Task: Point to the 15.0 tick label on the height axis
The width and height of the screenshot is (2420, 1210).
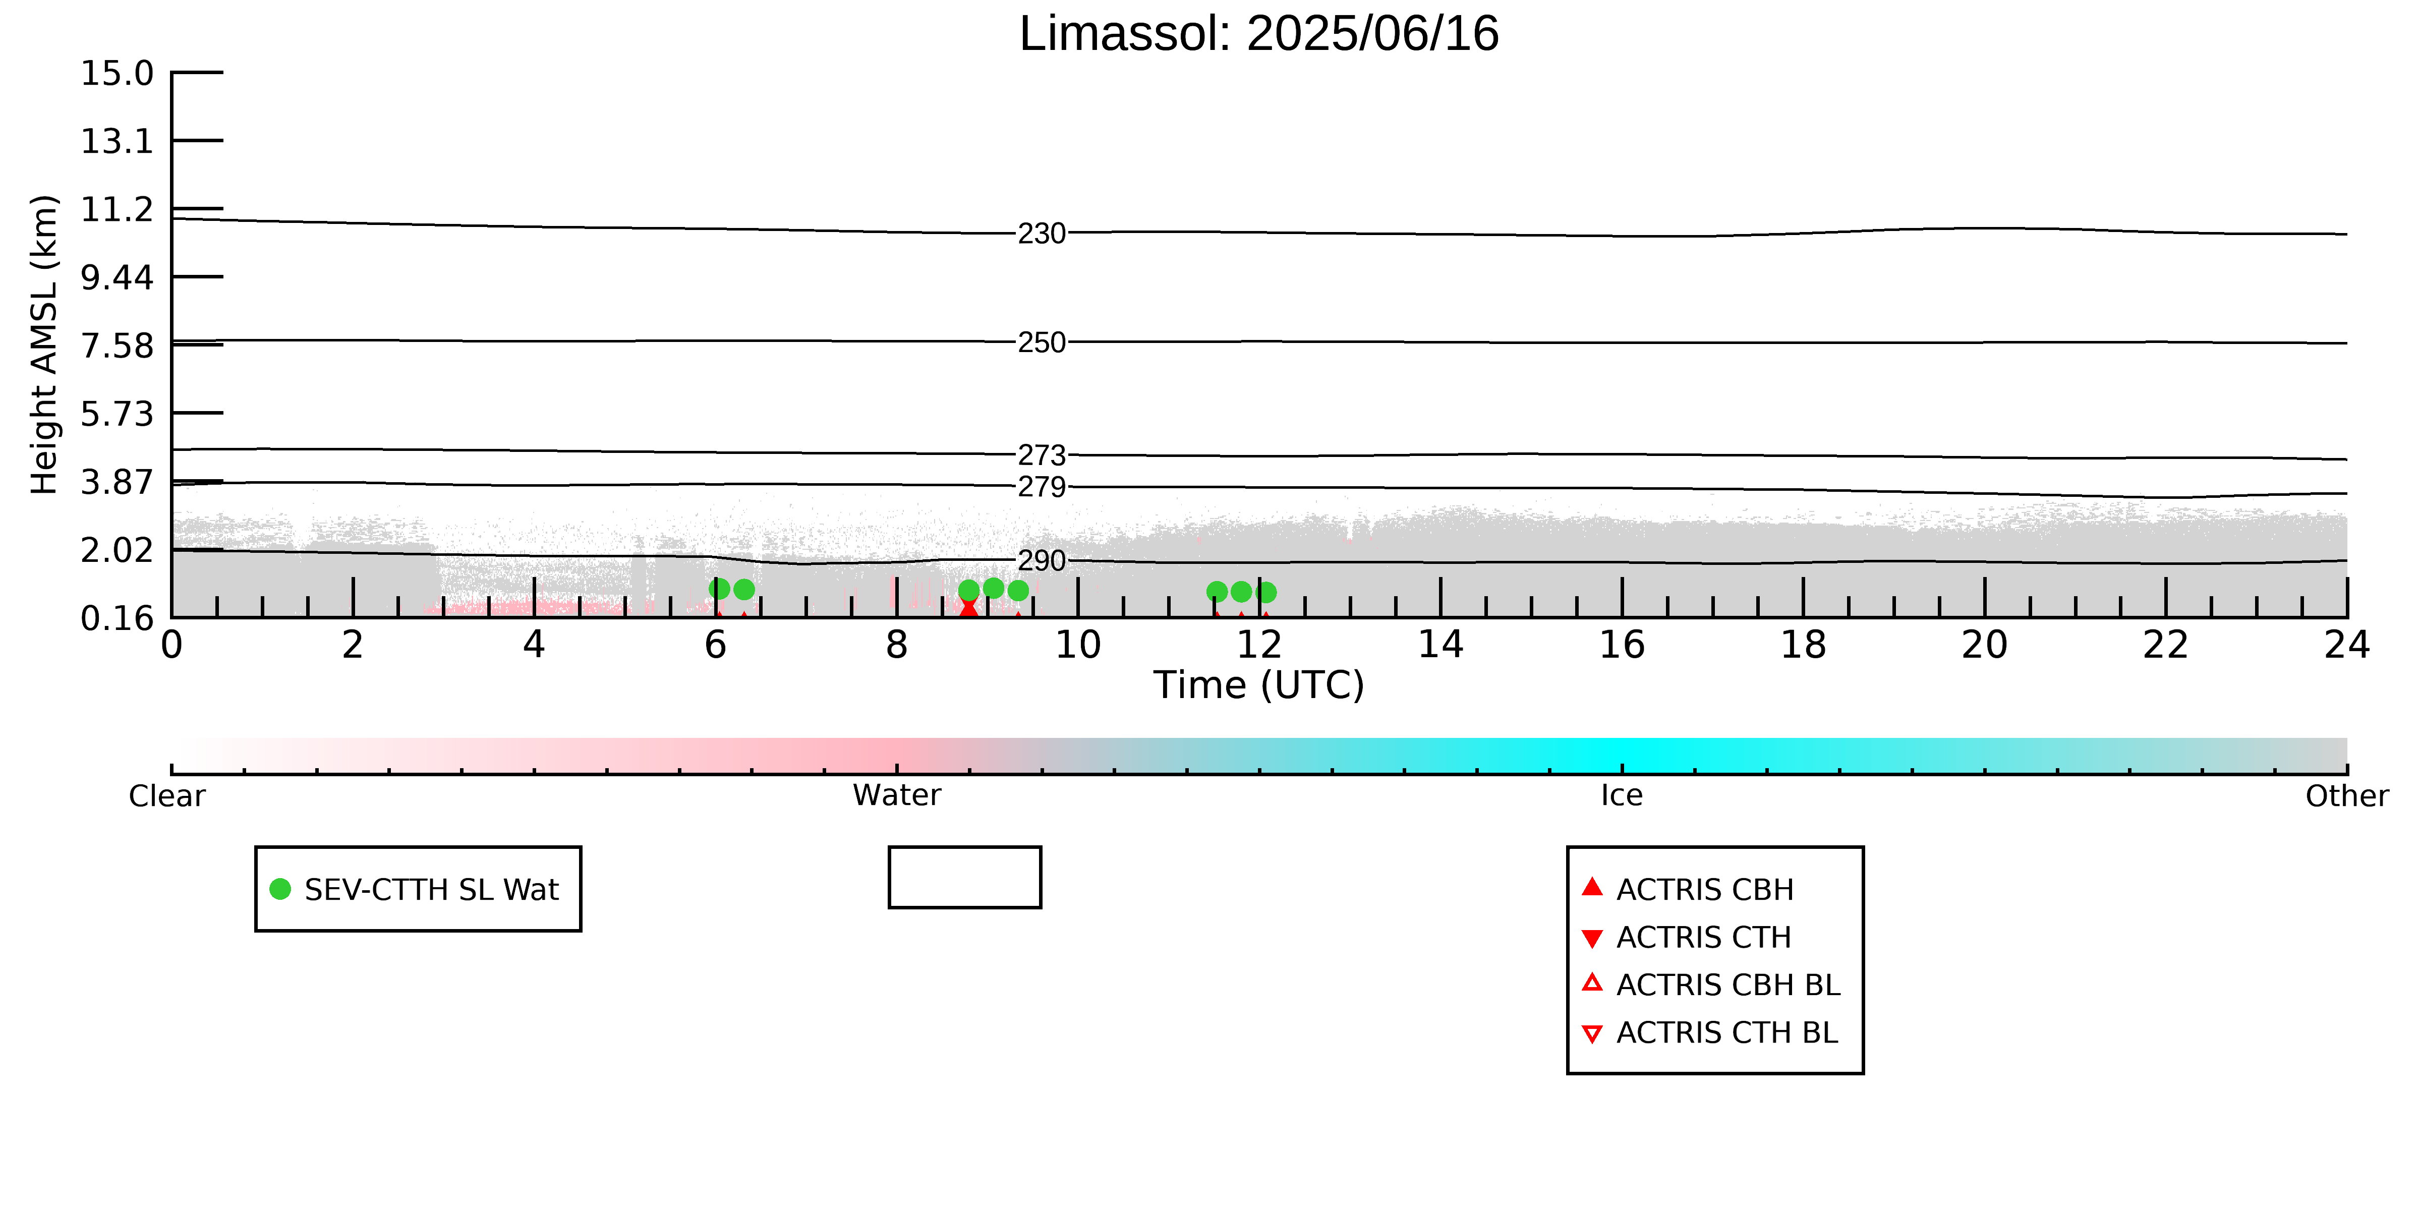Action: (x=117, y=72)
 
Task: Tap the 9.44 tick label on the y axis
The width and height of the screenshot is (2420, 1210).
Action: (x=117, y=277)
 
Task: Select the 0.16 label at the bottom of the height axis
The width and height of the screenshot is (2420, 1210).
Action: (x=117, y=618)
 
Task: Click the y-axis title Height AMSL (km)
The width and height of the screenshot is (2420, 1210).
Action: (x=44, y=345)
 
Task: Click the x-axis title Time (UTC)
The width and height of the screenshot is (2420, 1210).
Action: (x=1259, y=685)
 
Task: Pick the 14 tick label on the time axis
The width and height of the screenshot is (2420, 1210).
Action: (x=1440, y=646)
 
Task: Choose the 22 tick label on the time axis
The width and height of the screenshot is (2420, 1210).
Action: (x=2165, y=646)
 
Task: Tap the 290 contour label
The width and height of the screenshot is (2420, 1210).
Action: (x=1042, y=561)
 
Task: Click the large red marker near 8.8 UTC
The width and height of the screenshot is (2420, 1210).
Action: (x=968, y=607)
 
